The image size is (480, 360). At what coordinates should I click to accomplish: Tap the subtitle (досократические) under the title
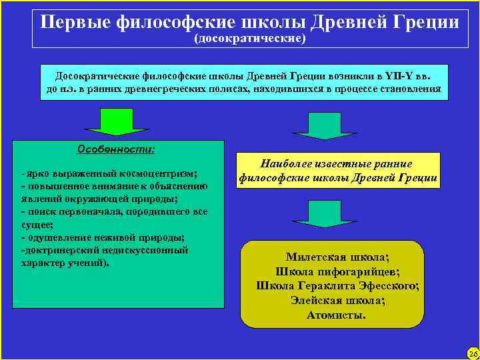249,39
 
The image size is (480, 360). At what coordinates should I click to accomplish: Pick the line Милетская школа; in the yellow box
337,257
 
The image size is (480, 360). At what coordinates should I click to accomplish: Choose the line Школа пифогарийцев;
337,271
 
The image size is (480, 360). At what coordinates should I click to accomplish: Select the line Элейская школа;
337,301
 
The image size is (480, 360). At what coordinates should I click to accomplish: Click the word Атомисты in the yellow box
334,315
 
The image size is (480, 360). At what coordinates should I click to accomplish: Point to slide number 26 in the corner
473,352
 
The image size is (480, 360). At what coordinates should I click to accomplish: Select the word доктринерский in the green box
61,250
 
